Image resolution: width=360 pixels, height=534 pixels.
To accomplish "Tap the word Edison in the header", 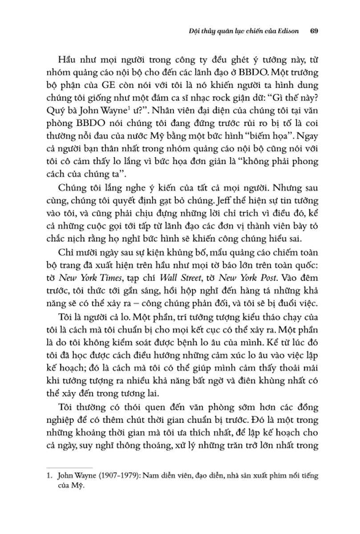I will click(x=288, y=32).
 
